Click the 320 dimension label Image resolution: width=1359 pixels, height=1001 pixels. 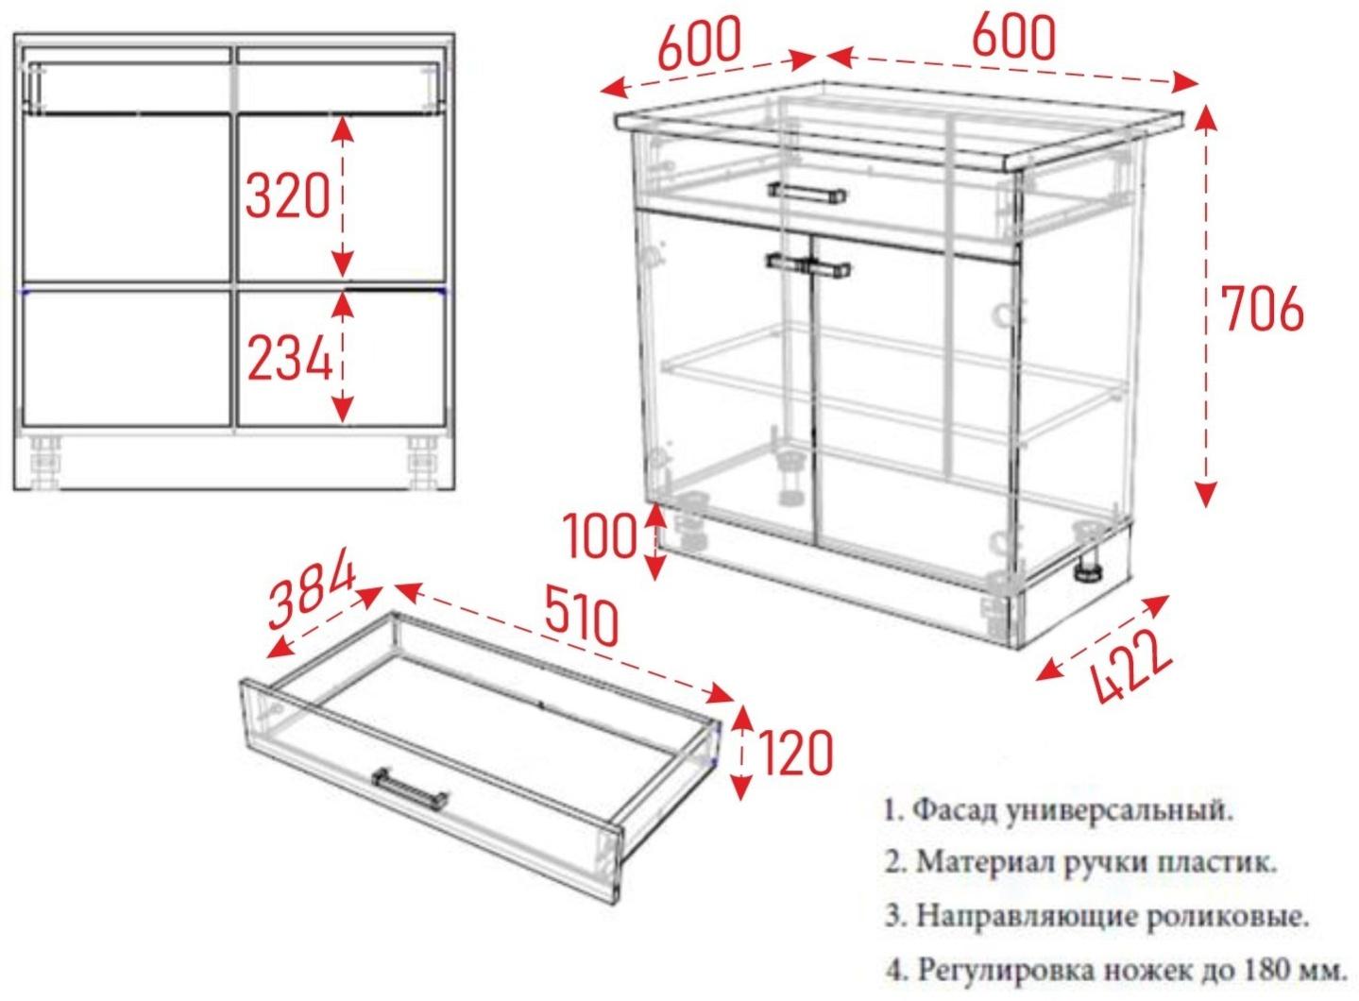click(x=287, y=196)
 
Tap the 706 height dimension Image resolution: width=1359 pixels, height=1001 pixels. click(x=1262, y=309)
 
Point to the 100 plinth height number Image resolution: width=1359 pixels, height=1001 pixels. click(x=601, y=538)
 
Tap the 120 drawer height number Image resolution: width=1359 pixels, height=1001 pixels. click(x=795, y=753)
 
